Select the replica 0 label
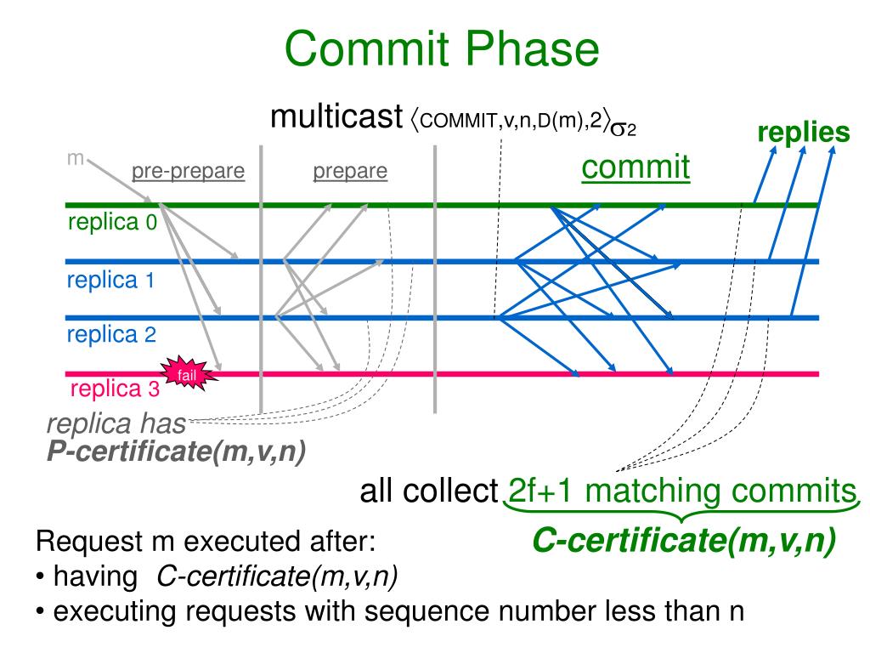pyautogui.click(x=112, y=224)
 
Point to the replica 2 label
pyautogui.click(x=111, y=334)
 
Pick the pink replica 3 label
pyautogui.click(x=114, y=389)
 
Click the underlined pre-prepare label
pyautogui.click(x=188, y=172)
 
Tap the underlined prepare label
pyautogui.click(x=350, y=172)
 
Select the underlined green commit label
pyautogui.click(x=636, y=167)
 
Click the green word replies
pyautogui.click(x=804, y=133)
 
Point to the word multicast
pyautogui.click(x=335, y=116)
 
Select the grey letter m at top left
pyautogui.click(x=75, y=158)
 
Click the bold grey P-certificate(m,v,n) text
pyautogui.click(x=176, y=451)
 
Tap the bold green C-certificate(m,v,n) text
pyautogui.click(x=684, y=540)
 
